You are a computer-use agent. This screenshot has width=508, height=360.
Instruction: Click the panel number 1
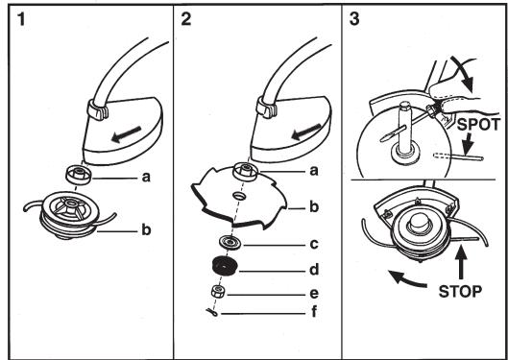coord(21,19)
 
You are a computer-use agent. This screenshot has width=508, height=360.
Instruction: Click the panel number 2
coord(186,19)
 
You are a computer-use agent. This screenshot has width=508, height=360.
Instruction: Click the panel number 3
coord(354,19)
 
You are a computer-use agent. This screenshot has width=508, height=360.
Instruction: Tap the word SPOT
coord(478,124)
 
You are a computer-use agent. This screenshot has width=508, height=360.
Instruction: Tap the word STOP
coord(460,292)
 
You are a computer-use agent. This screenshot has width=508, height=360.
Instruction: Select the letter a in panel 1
coord(146,177)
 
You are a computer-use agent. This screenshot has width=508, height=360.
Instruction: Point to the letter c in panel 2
coord(314,245)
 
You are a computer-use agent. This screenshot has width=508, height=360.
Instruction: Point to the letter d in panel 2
coord(314,269)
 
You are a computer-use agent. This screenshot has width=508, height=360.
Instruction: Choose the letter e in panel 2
coord(314,294)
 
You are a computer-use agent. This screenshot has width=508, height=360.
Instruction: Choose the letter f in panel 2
coord(314,312)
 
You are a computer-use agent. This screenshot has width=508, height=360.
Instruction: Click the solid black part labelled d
coord(225,266)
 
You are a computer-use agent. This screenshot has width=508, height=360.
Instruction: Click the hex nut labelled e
coord(219,291)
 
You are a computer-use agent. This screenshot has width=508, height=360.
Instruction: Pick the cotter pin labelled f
coord(212,312)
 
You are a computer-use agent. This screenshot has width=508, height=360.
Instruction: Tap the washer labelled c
coord(230,243)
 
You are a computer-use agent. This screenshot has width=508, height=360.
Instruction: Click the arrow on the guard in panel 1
coord(126,134)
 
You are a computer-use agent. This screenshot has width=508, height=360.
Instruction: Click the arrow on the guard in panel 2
coord(306,132)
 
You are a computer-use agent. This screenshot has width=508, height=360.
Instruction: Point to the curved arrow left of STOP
coord(406,279)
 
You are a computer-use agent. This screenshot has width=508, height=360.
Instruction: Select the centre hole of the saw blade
coord(240,195)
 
